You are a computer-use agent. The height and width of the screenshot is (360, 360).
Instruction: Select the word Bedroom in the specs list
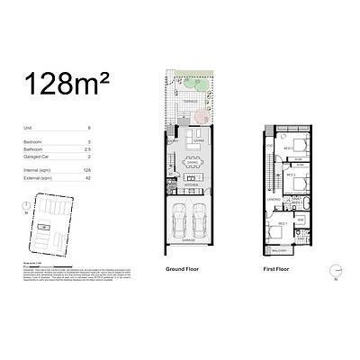(x=33, y=141)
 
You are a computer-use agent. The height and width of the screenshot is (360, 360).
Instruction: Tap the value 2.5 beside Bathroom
(x=113, y=148)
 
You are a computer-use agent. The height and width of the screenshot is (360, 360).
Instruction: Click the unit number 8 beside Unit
(x=114, y=129)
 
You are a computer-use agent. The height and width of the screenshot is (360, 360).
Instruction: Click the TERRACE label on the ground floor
(x=189, y=103)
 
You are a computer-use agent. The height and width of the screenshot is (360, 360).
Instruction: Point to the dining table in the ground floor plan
(x=193, y=164)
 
